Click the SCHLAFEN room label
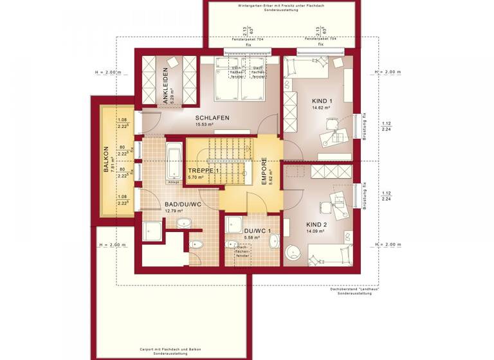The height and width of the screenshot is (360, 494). pos(213,118)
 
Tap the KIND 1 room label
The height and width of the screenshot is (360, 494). pos(322,101)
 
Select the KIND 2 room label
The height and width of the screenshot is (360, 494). pos(316,224)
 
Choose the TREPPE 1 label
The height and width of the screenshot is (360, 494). pos(200,170)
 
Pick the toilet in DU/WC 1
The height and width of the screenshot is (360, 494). pos(232,243)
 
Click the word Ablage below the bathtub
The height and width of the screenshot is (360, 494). pos(173,182)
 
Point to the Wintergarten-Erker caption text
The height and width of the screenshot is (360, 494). pos(278,6)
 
